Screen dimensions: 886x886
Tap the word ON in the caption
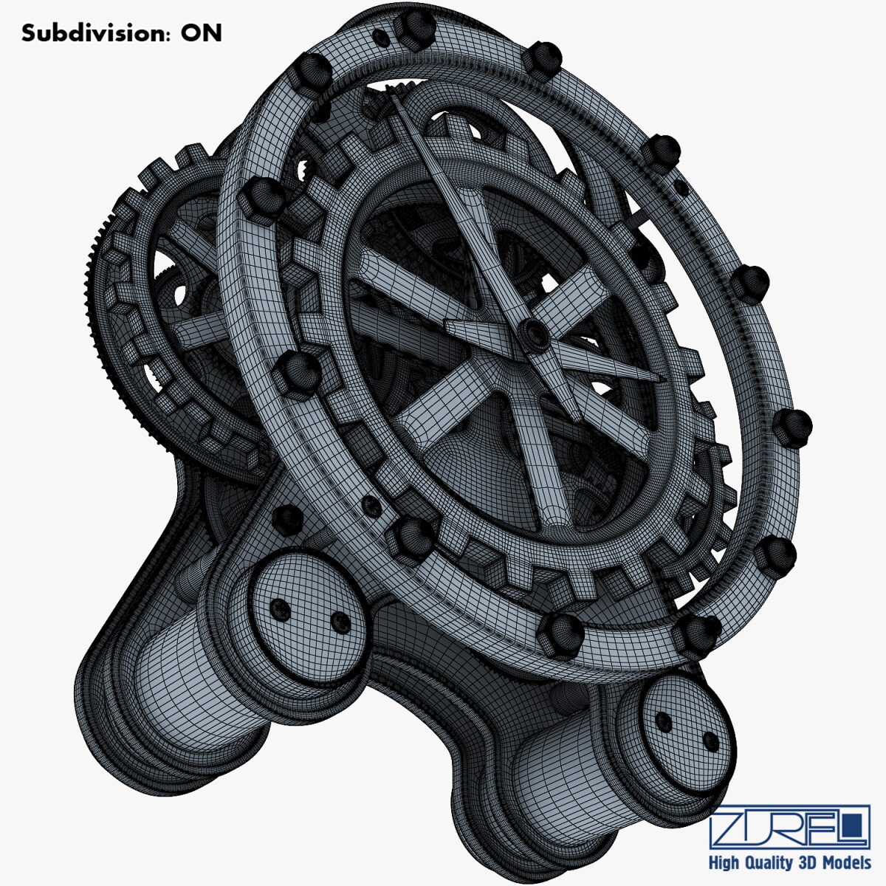202,33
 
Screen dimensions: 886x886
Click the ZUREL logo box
789,828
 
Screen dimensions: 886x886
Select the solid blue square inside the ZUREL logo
854,822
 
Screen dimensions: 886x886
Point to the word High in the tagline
725,863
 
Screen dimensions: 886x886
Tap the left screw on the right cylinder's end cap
664,721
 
